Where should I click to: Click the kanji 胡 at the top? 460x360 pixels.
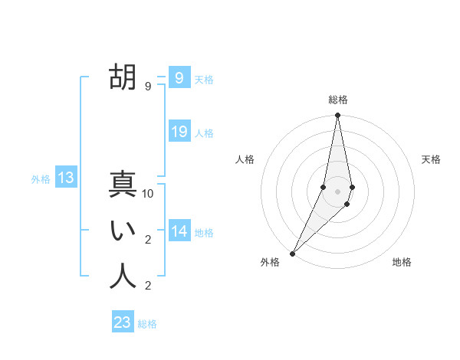click(123, 77)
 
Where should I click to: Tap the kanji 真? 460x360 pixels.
click(123, 185)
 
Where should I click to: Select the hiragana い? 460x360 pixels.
click(123, 231)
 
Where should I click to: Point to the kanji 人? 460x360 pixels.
click(123, 277)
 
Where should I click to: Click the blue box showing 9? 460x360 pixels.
click(179, 77)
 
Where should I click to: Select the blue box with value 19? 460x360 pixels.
click(179, 131)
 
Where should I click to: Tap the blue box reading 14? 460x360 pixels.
click(179, 231)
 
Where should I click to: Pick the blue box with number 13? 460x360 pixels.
click(66, 178)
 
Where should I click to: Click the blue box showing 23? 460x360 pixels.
click(123, 322)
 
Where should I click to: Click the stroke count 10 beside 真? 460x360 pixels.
click(148, 194)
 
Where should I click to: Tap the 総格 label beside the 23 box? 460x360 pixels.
click(147, 324)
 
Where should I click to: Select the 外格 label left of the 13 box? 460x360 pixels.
click(41, 179)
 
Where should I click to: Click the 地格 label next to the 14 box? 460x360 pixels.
click(204, 232)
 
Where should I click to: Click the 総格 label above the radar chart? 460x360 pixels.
click(337, 100)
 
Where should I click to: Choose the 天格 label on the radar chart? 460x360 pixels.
click(432, 159)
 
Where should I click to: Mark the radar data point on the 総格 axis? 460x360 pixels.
click(337, 116)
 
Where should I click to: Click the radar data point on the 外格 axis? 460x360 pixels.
click(292, 253)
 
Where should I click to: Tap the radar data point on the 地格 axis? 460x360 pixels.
click(347, 204)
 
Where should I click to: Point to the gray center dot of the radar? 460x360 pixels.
click(337, 191)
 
